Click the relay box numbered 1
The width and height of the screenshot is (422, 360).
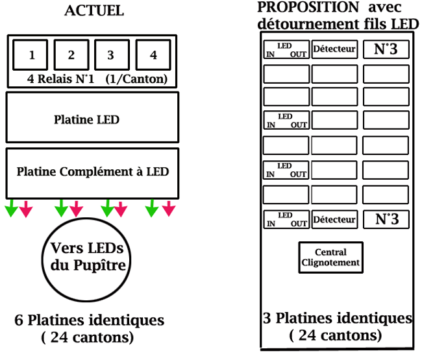pyautogui.click(x=32, y=55)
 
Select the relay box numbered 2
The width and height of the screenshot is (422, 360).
pyautogui.click(x=71, y=55)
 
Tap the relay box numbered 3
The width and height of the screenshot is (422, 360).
pyautogui.click(x=111, y=55)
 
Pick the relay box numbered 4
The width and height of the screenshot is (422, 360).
pyautogui.click(x=153, y=55)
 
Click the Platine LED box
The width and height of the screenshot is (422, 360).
pyautogui.click(x=92, y=120)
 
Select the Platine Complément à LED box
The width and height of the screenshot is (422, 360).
pyautogui.click(x=92, y=172)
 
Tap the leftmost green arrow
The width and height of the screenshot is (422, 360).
pyautogui.click(x=12, y=208)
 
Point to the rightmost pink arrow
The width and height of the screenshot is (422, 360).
pyautogui.click(x=169, y=208)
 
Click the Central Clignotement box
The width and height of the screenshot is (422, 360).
pyautogui.click(x=330, y=258)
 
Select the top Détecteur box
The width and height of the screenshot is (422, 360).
pyautogui.click(x=334, y=49)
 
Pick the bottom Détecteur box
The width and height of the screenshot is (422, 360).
pyautogui.click(x=334, y=219)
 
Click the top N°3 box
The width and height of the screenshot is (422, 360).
pyautogui.click(x=386, y=49)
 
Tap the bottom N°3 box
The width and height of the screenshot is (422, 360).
pyautogui.click(x=386, y=219)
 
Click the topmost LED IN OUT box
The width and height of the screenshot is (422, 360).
pyautogui.click(x=286, y=49)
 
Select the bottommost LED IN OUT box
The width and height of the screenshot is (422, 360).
pyautogui.click(x=286, y=219)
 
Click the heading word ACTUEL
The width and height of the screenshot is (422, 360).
pyautogui.click(x=94, y=11)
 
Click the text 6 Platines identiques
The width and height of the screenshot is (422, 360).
pyautogui.click(x=90, y=320)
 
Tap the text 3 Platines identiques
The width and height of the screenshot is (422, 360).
pyautogui.click(x=337, y=319)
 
